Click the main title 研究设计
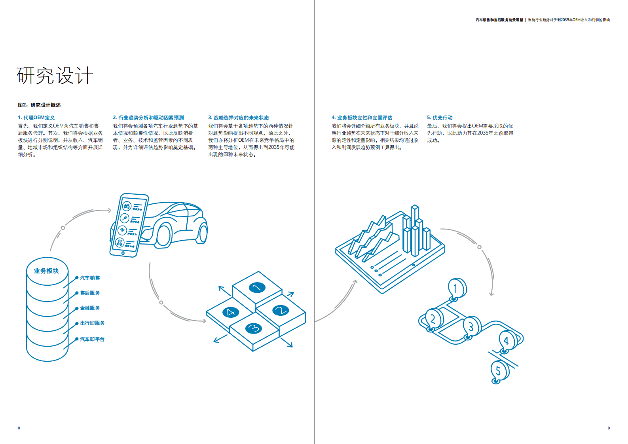click(55, 76)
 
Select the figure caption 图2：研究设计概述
click(39, 105)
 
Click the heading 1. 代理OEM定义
click(36, 118)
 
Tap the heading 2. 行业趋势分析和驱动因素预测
click(148, 118)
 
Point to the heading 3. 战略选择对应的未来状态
click(238, 118)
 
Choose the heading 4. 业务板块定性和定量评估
click(362, 118)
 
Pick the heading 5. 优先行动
click(439, 118)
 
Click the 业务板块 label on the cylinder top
click(46, 271)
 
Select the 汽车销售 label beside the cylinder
click(90, 278)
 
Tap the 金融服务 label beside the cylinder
click(90, 308)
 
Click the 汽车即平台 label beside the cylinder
click(92, 339)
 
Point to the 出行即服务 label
click(92, 323)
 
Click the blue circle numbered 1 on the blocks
click(257, 288)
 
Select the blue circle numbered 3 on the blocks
click(253, 328)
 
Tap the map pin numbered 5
click(499, 371)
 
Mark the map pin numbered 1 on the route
click(456, 288)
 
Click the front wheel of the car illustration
click(163, 235)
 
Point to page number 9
click(609, 428)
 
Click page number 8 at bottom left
click(19, 428)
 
